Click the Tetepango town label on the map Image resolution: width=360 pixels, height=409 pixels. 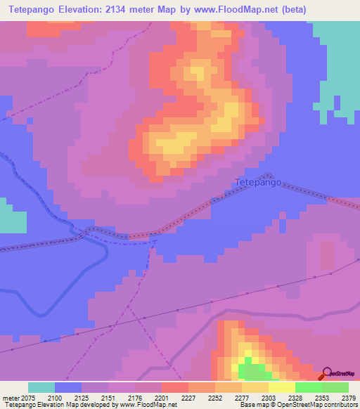click(257, 183)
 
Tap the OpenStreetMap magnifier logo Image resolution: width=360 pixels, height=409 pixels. click(328, 373)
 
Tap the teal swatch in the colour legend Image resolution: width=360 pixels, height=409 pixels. click(41, 387)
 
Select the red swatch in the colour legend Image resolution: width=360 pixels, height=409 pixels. click(174, 387)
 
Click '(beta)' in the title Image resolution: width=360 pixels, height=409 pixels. click(292, 9)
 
